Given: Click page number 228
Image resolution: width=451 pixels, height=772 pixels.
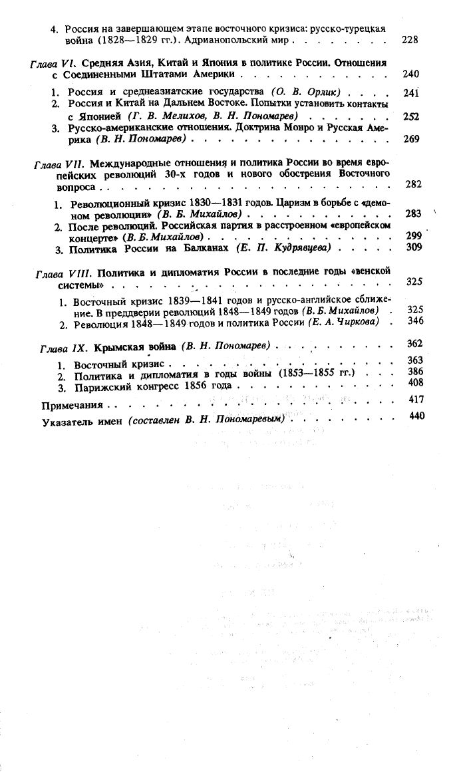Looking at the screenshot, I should (x=410, y=40).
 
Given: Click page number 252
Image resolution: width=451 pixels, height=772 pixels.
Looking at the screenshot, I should (x=410, y=116).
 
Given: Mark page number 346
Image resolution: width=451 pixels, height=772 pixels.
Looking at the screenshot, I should (x=415, y=321).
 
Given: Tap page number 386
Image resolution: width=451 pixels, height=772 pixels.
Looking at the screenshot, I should (x=416, y=371).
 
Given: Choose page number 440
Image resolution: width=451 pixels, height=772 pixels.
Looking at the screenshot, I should (x=417, y=417).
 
